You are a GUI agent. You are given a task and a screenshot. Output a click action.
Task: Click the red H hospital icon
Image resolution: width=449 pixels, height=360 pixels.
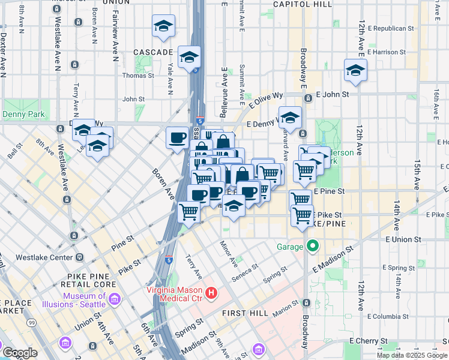click(x=211, y=293)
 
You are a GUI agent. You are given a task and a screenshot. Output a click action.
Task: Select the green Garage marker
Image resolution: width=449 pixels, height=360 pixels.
click(x=312, y=246)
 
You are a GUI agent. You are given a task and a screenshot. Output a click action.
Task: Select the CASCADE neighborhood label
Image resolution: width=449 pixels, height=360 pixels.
click(x=154, y=52)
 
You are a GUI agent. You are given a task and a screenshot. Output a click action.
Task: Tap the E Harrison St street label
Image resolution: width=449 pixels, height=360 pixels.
click(x=387, y=52)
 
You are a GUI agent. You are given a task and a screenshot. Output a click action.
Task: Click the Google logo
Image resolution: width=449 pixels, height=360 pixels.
click(x=20, y=353)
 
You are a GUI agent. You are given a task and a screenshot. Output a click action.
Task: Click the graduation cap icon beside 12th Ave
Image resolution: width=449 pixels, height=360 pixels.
click(x=355, y=71)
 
